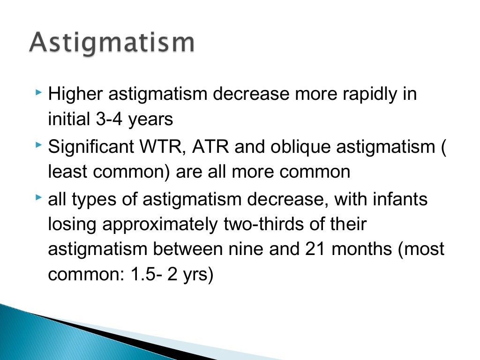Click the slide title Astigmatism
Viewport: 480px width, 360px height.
(x=112, y=43)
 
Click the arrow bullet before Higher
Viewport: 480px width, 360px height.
(x=38, y=89)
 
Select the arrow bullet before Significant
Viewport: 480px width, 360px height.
(x=38, y=142)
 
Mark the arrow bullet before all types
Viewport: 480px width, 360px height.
(x=38, y=194)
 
